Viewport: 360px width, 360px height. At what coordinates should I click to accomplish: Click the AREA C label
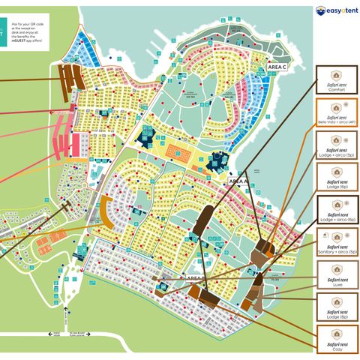point(278,67)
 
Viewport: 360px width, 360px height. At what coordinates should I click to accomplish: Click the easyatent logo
point(336,11)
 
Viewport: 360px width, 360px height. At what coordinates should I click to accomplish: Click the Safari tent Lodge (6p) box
point(337,178)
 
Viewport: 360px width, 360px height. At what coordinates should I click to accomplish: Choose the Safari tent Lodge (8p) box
point(337,307)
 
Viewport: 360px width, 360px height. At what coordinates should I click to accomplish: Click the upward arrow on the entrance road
point(65,315)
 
